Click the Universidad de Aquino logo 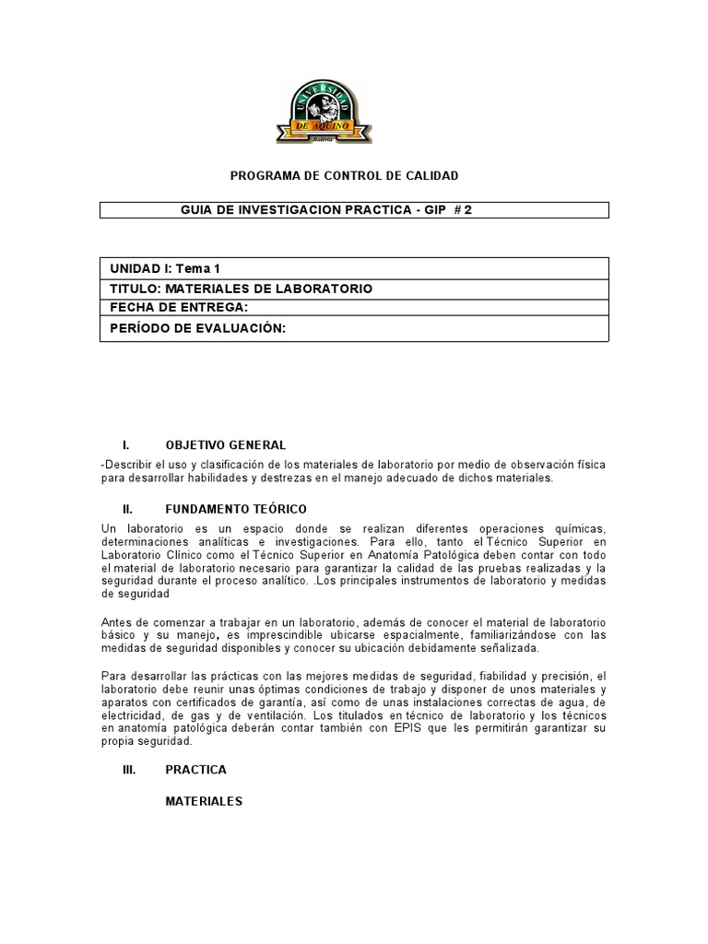point(324,112)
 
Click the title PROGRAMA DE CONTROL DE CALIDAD point(343,175)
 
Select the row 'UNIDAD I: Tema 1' point(166,269)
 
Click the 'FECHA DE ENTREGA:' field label point(180,307)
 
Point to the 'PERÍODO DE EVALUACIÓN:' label point(199,327)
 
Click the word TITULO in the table point(133,289)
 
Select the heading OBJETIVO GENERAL point(225,445)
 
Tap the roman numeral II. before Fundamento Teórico point(128,509)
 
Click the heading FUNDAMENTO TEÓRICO point(236,509)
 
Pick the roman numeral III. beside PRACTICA point(129,770)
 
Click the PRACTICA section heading point(195,770)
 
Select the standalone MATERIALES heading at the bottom point(204,802)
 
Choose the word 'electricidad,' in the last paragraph point(135,715)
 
